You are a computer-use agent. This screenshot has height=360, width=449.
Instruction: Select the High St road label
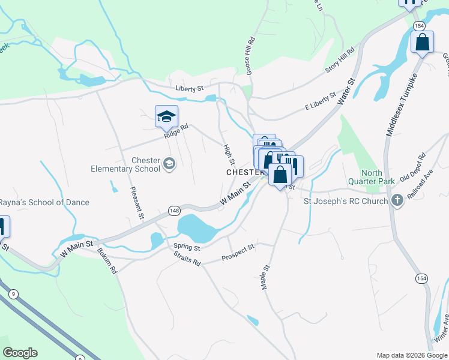(x=228, y=155)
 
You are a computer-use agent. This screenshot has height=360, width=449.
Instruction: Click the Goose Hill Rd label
(x=251, y=53)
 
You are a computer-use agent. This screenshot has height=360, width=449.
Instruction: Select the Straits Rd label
(x=186, y=259)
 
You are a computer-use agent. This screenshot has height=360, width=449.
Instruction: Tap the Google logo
(x=20, y=353)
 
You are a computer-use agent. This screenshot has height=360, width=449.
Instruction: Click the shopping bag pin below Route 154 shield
(x=422, y=43)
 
